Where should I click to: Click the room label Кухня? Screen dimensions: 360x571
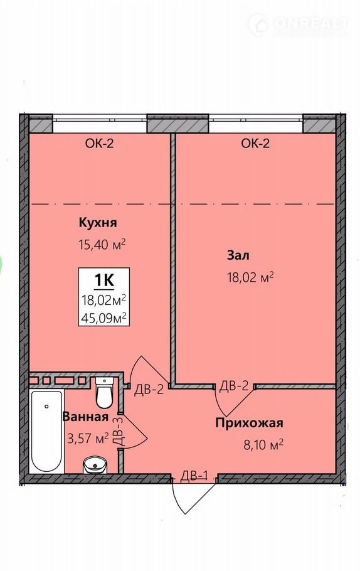98,223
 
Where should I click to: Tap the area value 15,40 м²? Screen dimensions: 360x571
102,243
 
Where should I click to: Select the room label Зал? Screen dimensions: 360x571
238,255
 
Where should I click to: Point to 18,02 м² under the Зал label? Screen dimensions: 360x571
250,278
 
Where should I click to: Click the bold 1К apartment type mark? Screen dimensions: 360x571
105,280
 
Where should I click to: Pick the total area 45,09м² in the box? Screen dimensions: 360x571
104,318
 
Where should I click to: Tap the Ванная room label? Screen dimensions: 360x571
85,417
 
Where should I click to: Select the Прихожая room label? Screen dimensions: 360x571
249,423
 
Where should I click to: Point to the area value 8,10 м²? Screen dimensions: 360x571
263,445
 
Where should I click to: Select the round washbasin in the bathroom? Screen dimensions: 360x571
95,466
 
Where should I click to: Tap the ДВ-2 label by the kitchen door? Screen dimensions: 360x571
149,390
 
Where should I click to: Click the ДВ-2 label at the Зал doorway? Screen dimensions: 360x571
234,386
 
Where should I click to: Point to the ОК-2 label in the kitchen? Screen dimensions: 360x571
99,144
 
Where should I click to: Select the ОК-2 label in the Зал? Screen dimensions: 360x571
255,144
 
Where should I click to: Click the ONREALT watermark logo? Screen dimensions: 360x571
299,24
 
